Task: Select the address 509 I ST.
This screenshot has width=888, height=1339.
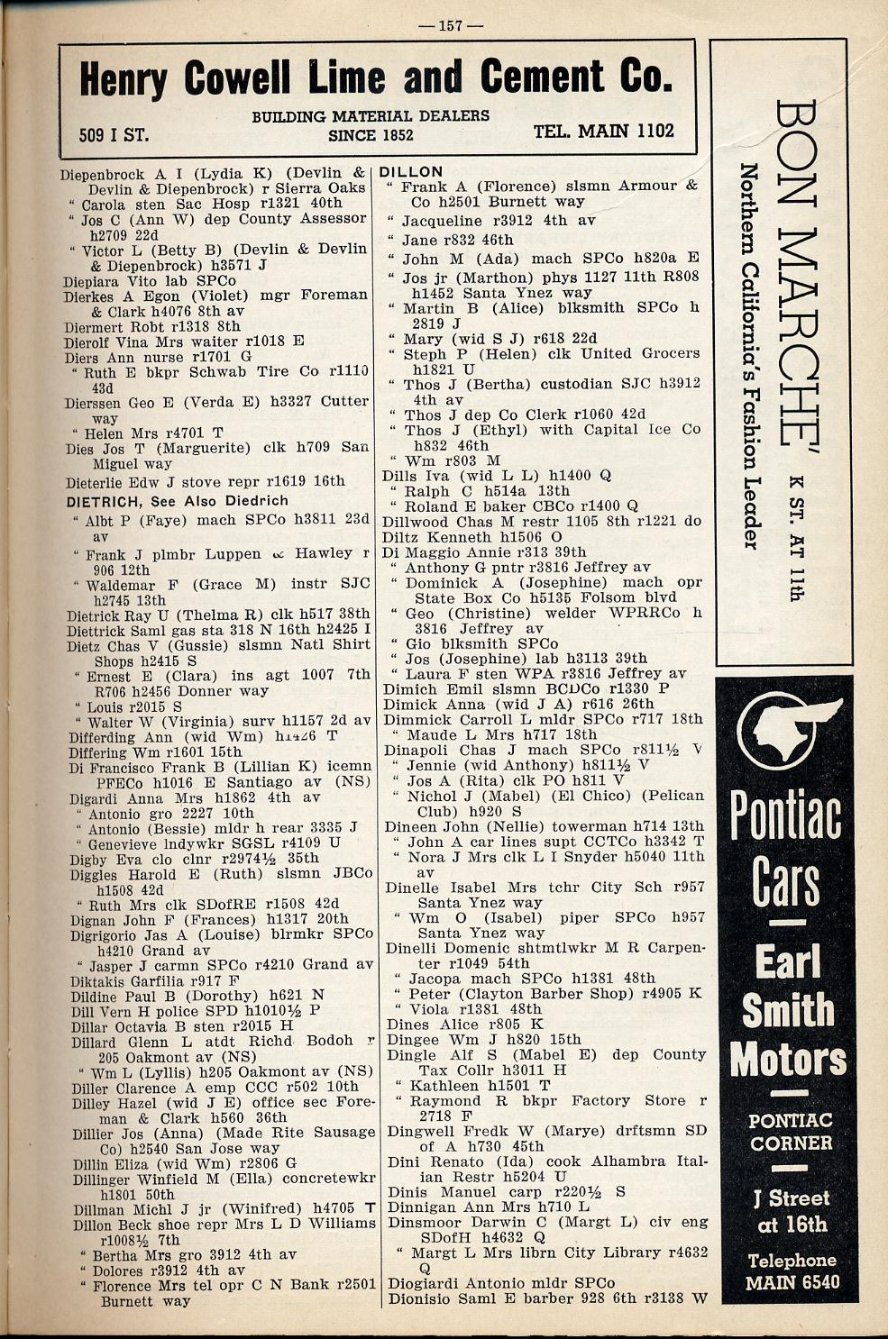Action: [114, 136]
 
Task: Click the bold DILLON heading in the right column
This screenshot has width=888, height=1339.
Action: [412, 171]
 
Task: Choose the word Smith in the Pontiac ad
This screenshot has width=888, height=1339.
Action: [787, 1010]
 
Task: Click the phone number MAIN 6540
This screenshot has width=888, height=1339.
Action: [792, 1281]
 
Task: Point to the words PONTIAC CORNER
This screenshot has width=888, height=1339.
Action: [791, 1132]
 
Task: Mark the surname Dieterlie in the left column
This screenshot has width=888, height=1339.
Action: [99, 481]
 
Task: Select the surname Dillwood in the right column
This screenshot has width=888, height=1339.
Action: [417, 521]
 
